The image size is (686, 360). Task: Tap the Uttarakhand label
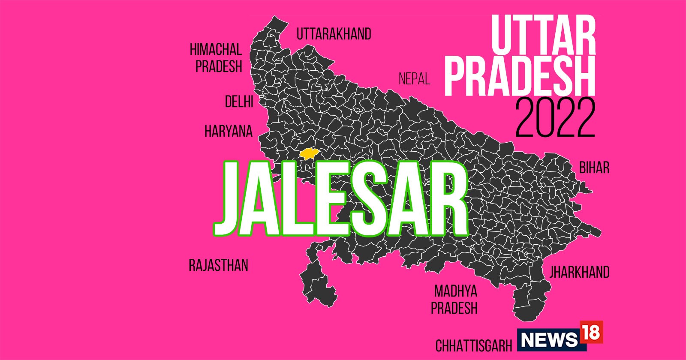point(334,34)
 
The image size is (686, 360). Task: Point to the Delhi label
point(239,102)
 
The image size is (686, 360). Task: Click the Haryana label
point(229,131)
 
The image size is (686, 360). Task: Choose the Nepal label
point(414,79)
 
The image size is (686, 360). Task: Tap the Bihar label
point(594,168)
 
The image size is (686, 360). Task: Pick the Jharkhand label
point(579,272)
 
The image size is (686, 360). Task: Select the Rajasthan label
point(218,265)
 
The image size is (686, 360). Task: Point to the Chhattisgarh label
point(474,345)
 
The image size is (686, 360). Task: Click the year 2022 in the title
point(555,118)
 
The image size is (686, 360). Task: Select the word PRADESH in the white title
point(520,77)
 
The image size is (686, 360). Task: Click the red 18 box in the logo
point(591,332)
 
